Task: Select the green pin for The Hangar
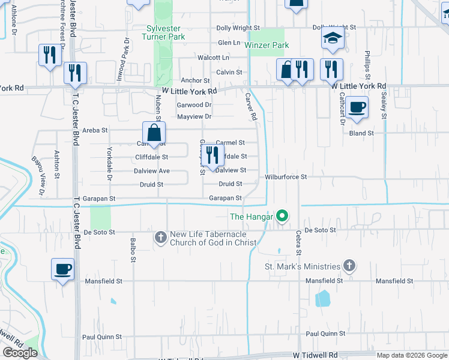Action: point(280,216)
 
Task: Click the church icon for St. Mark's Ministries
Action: point(349,266)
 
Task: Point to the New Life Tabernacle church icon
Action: point(160,238)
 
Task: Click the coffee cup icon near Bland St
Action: point(357,107)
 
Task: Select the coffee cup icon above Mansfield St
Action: point(62,269)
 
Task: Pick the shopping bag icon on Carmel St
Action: point(154,133)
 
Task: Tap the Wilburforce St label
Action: point(286,177)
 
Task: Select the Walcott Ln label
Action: point(214,58)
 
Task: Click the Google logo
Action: point(20,353)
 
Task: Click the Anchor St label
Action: point(195,80)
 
